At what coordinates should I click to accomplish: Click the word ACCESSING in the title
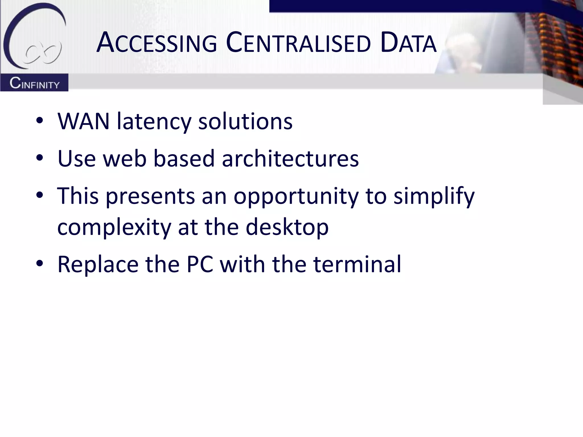pyautogui.click(x=157, y=43)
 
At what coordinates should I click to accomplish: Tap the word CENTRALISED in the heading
pyautogui.click(x=298, y=43)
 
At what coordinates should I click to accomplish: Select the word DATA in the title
pyautogui.click(x=408, y=43)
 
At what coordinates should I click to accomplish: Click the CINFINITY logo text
pyautogui.click(x=34, y=83)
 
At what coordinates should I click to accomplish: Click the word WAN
pyautogui.click(x=83, y=121)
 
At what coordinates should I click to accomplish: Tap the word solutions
pyautogui.click(x=245, y=121)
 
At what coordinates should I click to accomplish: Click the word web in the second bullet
pyautogui.click(x=125, y=158)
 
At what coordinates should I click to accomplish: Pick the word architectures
pyautogui.click(x=290, y=158)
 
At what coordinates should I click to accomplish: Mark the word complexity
pyautogui.click(x=114, y=228)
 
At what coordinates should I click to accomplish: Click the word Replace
pyautogui.click(x=98, y=265)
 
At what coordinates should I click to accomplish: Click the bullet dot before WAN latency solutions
pyautogui.click(x=40, y=120)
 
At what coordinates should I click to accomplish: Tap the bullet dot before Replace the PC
pyautogui.click(x=40, y=263)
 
